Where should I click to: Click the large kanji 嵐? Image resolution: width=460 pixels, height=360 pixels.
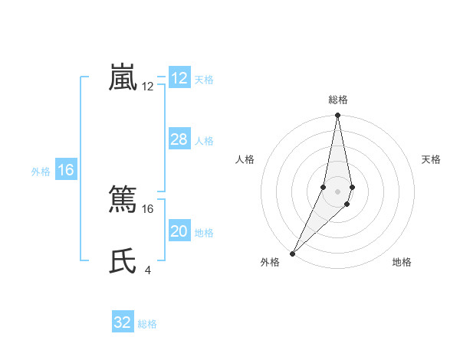point(123,78)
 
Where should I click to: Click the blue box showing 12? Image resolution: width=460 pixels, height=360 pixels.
point(179,78)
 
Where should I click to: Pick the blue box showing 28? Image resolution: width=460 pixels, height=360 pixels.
point(179,139)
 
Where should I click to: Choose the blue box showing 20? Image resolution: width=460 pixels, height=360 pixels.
point(179,231)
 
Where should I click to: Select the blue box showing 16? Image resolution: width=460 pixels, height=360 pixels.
point(66,170)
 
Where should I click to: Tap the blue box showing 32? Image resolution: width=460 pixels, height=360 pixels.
point(123,322)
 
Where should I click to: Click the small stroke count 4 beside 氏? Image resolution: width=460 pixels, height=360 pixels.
point(147,269)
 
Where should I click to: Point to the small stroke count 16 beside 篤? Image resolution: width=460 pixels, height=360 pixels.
point(148,208)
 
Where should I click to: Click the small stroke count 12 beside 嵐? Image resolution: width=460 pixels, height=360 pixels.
point(148,87)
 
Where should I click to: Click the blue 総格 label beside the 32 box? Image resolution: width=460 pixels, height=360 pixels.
point(147,324)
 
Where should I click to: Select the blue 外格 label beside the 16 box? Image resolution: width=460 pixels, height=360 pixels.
point(41,172)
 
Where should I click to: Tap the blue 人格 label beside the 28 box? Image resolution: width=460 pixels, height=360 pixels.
point(204,141)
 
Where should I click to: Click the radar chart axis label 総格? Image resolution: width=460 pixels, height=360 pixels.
point(338,100)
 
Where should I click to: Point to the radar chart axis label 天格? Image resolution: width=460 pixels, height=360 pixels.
point(432,159)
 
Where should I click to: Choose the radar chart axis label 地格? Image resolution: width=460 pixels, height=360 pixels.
point(402,262)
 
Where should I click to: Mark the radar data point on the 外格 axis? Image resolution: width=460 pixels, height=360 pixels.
point(293,253)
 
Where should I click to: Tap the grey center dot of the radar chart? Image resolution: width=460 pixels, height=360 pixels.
point(338,191)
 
